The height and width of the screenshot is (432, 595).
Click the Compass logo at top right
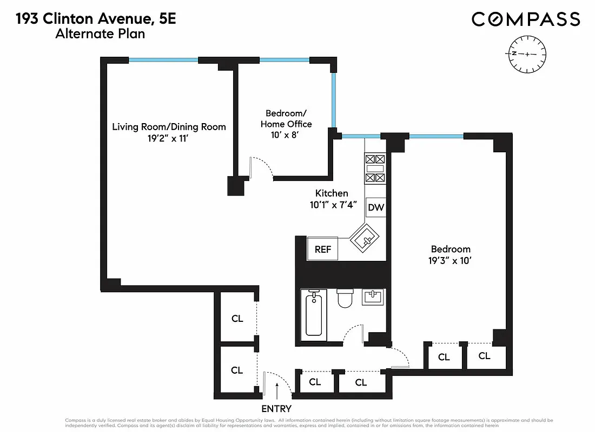click(x=526, y=19)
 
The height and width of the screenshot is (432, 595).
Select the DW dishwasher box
click(x=375, y=207)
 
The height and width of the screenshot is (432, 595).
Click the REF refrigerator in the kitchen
click(x=323, y=249)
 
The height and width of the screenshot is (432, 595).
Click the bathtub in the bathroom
click(x=314, y=314)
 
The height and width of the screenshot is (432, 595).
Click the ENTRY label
click(x=276, y=409)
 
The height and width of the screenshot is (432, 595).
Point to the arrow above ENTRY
click(x=277, y=389)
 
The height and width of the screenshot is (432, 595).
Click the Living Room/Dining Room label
click(x=169, y=127)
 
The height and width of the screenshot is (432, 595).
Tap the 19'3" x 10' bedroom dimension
click(x=451, y=260)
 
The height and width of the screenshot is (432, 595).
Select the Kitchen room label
click(x=332, y=193)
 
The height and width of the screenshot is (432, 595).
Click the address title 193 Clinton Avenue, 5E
click(x=96, y=20)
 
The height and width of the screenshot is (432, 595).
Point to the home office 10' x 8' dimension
click(x=286, y=134)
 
